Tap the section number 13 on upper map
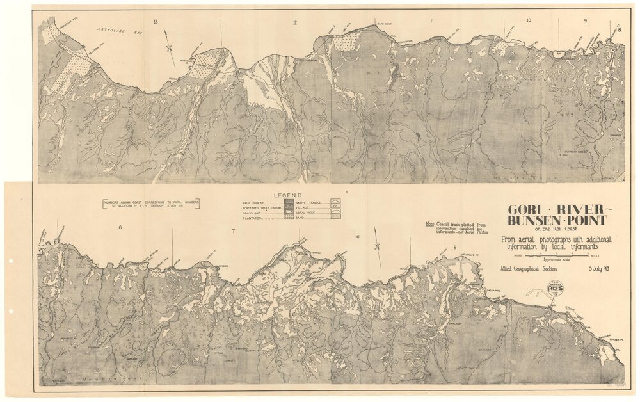(x=156, y=22)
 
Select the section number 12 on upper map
(x=294, y=23)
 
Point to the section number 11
(x=432, y=22)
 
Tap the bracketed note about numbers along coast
(x=150, y=203)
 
